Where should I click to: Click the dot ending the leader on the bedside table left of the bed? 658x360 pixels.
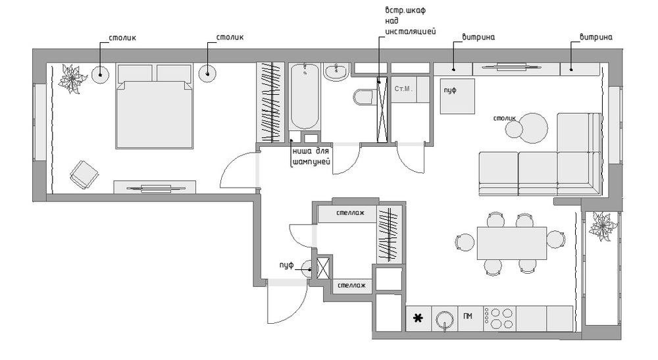coord(100,75)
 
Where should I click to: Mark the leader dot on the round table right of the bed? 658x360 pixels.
coord(207,74)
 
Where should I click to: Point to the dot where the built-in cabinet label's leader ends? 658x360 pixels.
coord(379,82)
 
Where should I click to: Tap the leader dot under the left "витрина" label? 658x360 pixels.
coord(453,70)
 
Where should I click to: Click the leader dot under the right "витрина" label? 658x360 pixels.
coord(571,69)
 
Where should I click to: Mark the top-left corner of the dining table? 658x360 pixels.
coord(477,227)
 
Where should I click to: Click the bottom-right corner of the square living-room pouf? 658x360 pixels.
coord(474,114)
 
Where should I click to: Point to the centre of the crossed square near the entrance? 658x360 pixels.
coord(324,269)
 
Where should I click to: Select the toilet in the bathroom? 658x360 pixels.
coord(363,97)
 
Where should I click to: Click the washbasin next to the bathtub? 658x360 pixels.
coord(336,72)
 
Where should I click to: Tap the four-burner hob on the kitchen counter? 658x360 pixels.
coord(499,319)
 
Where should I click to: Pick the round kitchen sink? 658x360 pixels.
coord(444,320)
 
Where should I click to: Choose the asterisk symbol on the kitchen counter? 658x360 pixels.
coord(418,318)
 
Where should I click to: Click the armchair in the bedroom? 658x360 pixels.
coord(84,174)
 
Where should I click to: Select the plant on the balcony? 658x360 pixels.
coord(603,226)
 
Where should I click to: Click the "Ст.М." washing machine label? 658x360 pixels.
coord(403,89)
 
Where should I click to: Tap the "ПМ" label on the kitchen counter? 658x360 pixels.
coord(468,316)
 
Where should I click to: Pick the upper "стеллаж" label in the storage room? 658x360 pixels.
coord(351,213)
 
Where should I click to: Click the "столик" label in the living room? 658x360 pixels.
coord(505,118)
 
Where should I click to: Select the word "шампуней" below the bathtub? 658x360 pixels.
coord(311,161)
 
